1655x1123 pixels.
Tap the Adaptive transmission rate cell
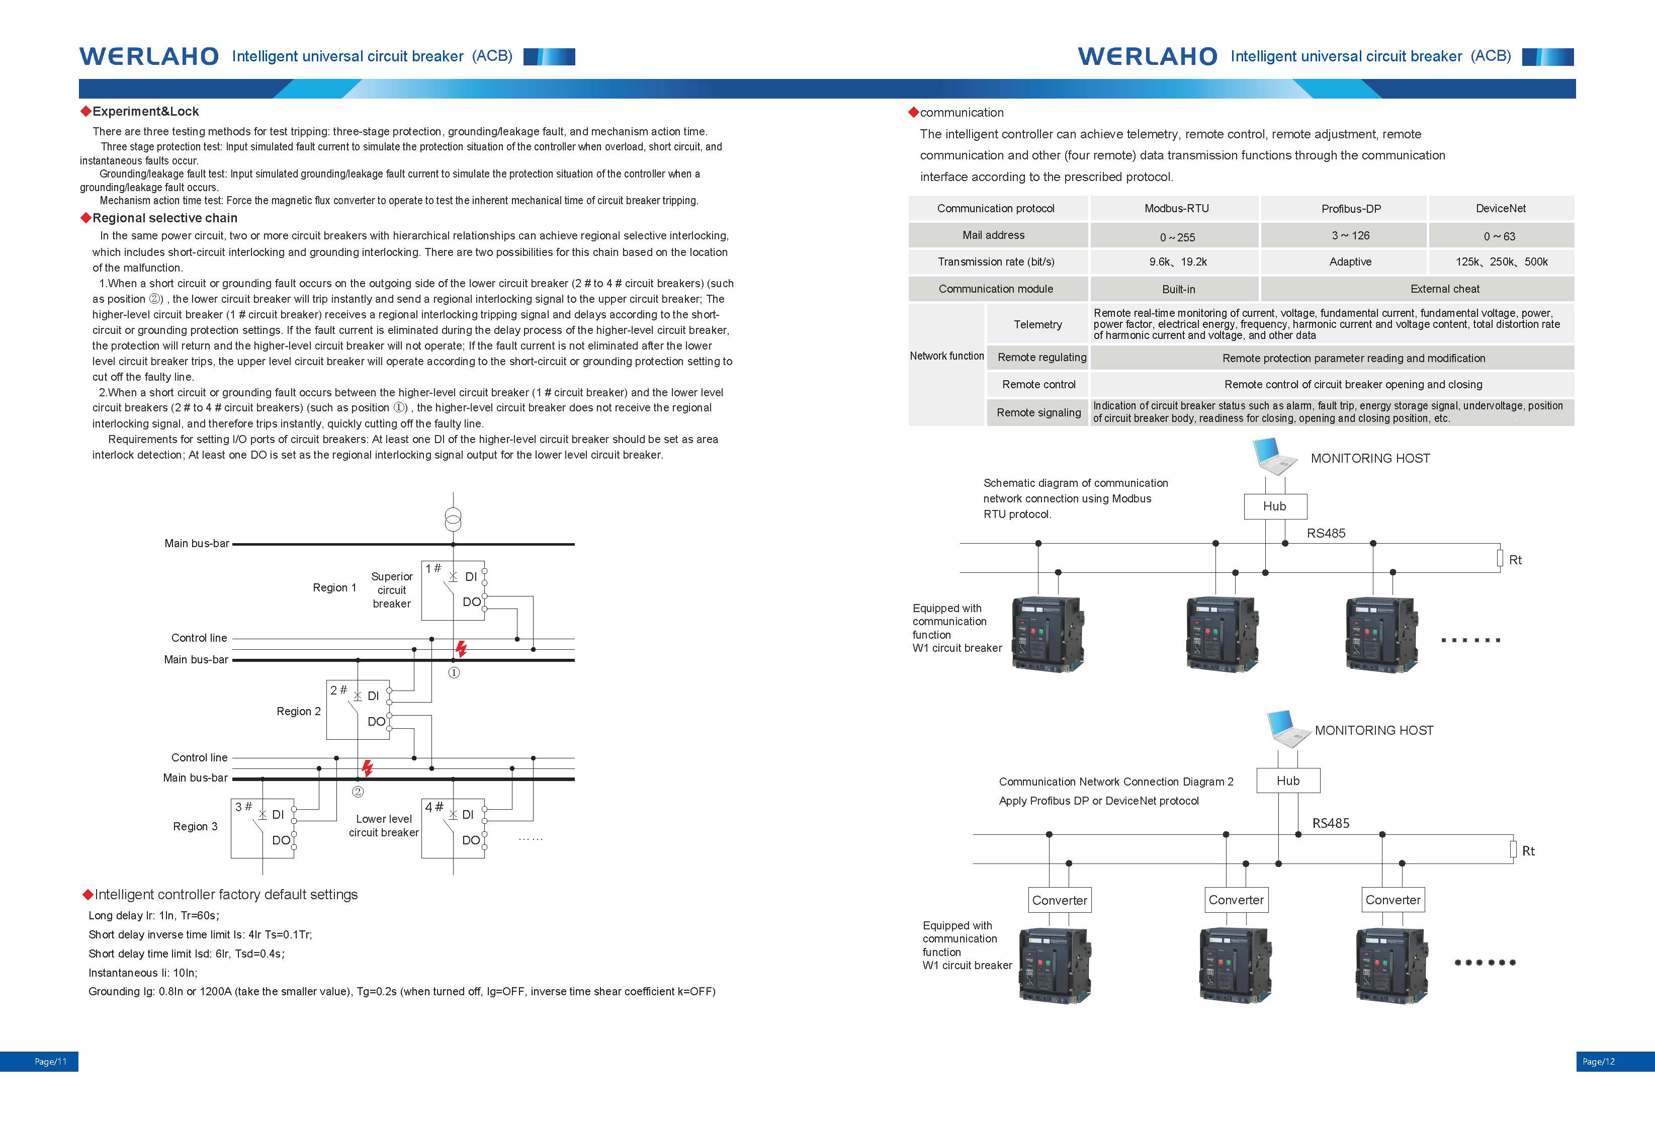point(1350,262)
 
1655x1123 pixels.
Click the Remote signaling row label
point(1038,412)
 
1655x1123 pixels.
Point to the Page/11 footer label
point(51,1062)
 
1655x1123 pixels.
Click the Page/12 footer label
point(1599,1062)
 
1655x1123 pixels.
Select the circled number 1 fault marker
point(454,673)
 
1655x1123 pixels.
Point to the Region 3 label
point(195,826)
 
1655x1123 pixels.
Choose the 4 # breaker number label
point(433,807)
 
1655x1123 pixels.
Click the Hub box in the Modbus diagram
point(1275,506)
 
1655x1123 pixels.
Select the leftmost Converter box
point(1060,900)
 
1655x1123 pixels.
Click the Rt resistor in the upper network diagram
point(1500,559)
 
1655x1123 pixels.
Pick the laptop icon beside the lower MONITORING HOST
point(1289,729)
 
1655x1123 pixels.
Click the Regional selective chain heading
point(165,218)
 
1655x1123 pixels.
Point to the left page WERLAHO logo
point(149,56)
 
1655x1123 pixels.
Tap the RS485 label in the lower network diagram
point(1331,823)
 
